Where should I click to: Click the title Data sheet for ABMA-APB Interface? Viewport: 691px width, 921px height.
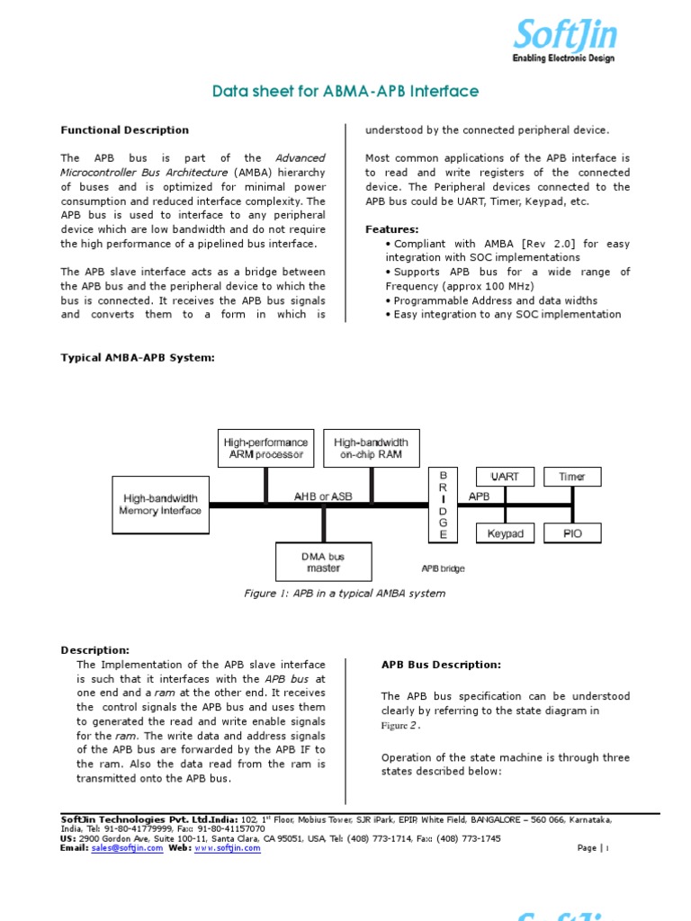tap(345, 92)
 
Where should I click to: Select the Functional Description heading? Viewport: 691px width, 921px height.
tap(124, 130)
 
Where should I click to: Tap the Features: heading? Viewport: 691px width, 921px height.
tap(391, 229)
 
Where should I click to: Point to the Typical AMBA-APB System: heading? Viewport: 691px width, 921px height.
tap(138, 358)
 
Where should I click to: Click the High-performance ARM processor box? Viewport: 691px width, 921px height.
tap(265, 448)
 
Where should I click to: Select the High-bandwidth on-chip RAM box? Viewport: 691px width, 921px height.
tap(371, 448)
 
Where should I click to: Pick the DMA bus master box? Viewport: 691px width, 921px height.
tap(322, 562)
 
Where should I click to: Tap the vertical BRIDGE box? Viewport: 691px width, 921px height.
tap(442, 505)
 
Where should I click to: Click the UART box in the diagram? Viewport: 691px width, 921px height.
tap(504, 477)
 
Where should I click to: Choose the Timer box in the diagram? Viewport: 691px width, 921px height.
tap(571, 477)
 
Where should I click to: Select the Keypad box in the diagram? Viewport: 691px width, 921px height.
tap(504, 533)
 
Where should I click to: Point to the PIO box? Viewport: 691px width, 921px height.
tap(571, 533)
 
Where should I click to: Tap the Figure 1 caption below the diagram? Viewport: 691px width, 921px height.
tap(345, 594)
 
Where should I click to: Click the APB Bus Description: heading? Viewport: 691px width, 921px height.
tap(441, 665)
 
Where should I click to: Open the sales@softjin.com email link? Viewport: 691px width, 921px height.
tap(127, 848)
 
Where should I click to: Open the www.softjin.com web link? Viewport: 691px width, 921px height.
tap(228, 848)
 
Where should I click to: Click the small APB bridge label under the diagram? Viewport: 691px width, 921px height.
tap(443, 568)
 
